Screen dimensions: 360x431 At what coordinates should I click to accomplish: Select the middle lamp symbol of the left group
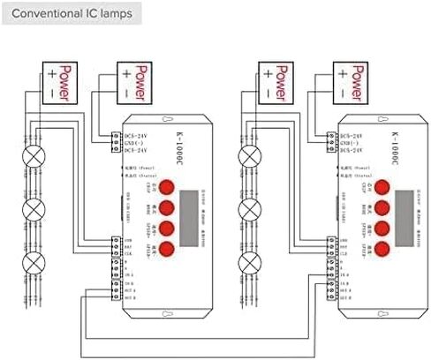click(34, 210)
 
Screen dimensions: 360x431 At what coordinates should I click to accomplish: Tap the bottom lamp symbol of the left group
click(34, 262)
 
